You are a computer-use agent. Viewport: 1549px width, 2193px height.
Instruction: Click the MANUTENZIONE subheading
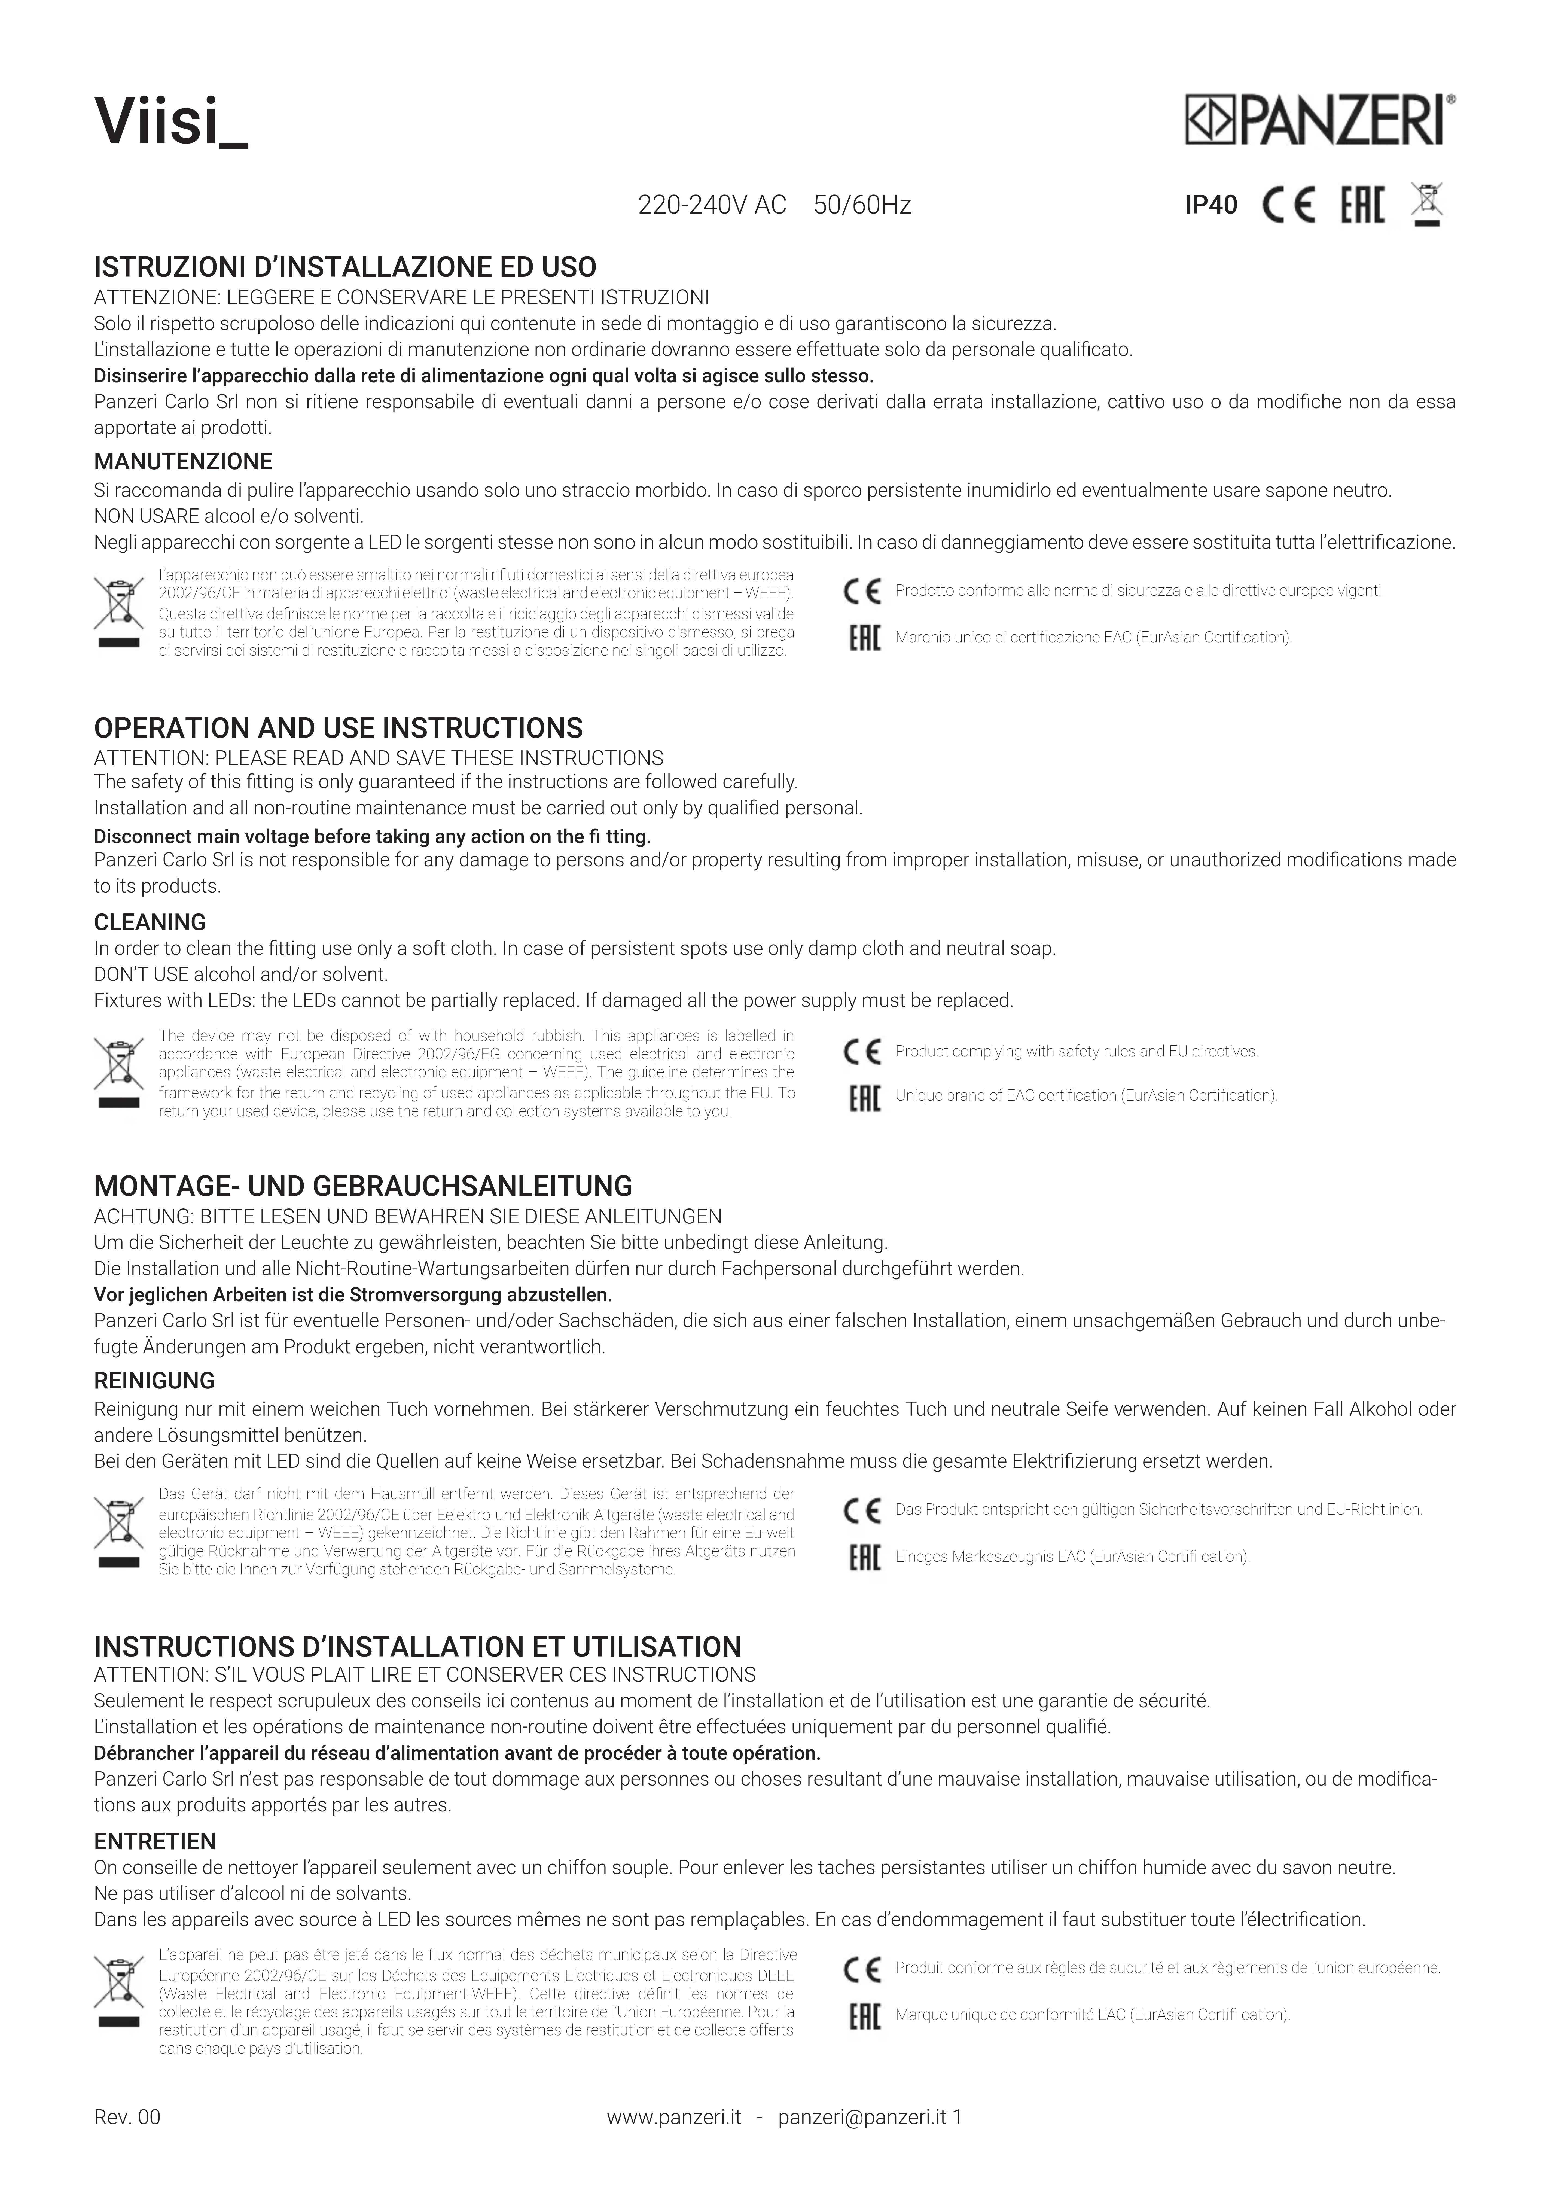(183, 462)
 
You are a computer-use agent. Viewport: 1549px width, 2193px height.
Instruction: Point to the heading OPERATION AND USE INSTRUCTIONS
(338, 729)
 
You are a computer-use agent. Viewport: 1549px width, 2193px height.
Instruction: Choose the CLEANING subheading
(150, 923)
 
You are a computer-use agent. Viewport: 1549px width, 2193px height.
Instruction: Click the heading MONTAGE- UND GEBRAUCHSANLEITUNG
(363, 1187)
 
